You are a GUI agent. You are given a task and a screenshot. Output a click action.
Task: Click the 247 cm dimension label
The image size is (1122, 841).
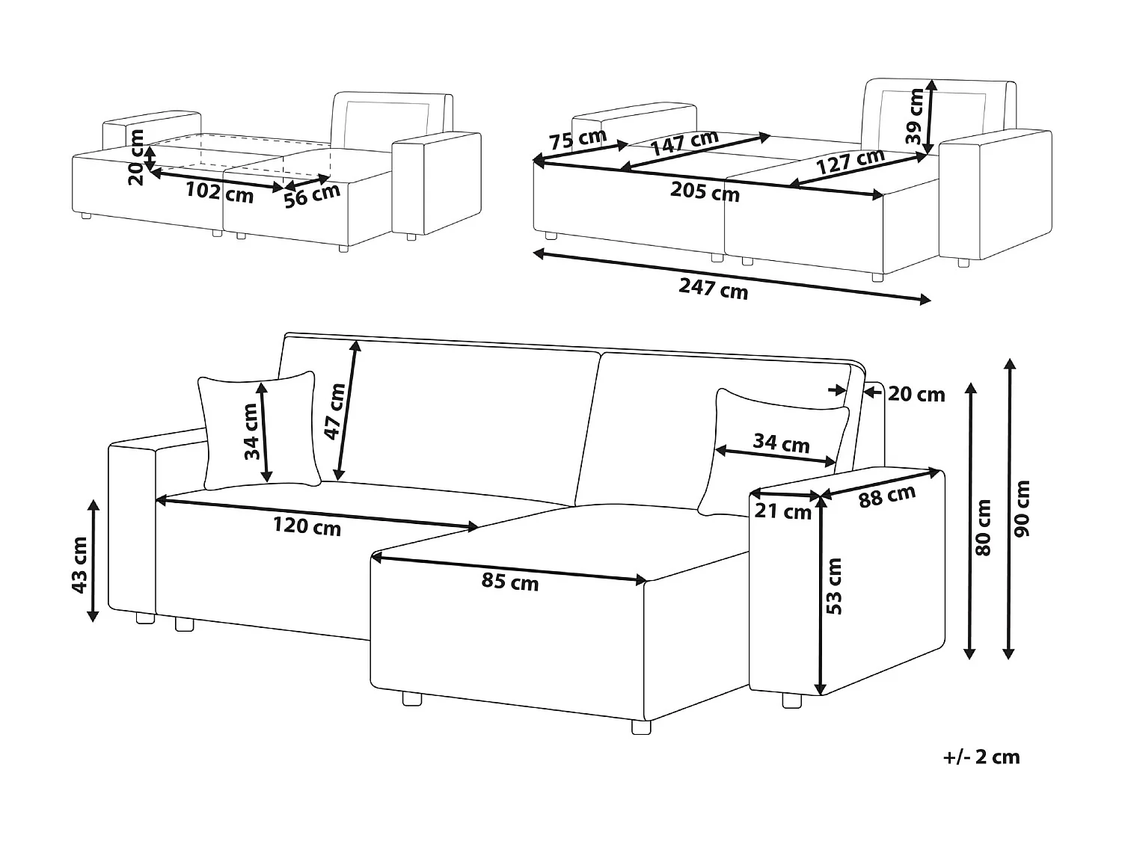[x=713, y=288]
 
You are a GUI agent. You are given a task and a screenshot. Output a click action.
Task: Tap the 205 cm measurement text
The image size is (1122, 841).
[x=704, y=191]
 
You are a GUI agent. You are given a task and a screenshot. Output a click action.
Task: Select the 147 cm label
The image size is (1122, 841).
[x=684, y=142]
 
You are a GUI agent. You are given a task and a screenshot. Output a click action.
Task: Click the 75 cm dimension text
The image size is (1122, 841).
[x=577, y=139]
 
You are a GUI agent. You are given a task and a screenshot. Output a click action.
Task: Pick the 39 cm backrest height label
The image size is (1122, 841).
[x=913, y=116]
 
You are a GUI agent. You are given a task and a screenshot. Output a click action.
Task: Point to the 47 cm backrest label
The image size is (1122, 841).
[x=335, y=411]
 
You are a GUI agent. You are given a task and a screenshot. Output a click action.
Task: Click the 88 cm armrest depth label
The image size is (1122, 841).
[x=886, y=496]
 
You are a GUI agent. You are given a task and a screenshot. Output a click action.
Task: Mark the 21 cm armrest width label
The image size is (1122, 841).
[x=783, y=512]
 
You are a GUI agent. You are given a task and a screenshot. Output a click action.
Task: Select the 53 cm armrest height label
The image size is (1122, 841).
[x=835, y=586]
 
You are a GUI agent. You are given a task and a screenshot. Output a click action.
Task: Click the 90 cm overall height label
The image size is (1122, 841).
[x=1023, y=508]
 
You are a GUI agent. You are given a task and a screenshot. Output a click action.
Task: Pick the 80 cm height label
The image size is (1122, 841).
[x=983, y=527]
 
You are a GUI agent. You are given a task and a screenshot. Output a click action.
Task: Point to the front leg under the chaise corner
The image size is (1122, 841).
[x=641, y=727]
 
